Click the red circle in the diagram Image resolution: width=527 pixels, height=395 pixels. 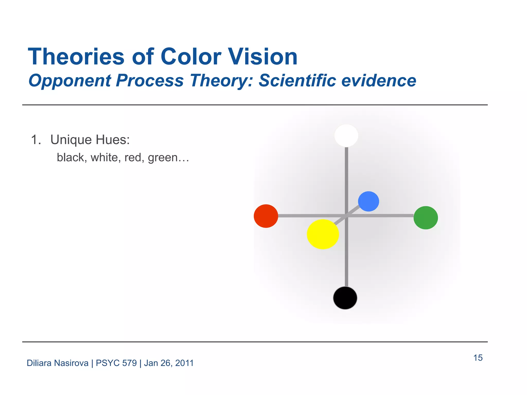coord(266,216)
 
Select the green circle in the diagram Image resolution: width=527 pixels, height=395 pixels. coord(426,218)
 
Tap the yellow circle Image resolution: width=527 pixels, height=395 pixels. coord(323,234)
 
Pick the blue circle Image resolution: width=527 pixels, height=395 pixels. coord(368,201)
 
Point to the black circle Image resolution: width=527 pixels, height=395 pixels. coord(345,298)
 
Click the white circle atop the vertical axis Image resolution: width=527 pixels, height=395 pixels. coord(346,136)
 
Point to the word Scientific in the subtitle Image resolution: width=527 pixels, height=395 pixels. coord(297,80)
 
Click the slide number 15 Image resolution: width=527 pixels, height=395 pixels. coord(478,358)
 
